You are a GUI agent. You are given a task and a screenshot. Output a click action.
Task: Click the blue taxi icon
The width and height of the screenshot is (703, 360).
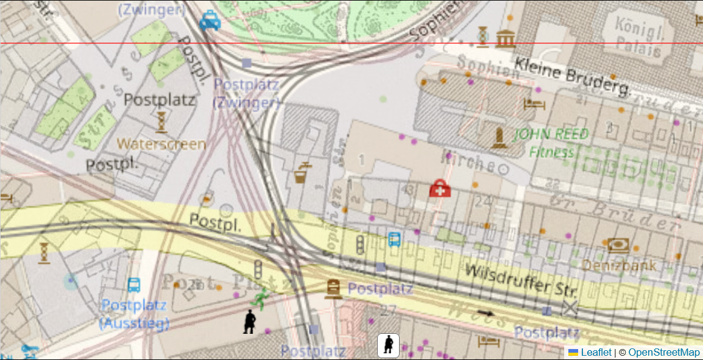[x=210, y=21]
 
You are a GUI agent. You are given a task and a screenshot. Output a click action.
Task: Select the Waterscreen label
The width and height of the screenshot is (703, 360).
[x=161, y=144]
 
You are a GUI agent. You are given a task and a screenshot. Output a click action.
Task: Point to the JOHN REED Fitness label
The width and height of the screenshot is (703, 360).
[x=551, y=143]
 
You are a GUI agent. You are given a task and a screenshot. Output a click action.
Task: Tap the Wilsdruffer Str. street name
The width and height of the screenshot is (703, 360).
[x=520, y=281]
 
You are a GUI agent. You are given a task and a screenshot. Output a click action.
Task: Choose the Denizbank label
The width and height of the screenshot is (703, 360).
[x=619, y=265]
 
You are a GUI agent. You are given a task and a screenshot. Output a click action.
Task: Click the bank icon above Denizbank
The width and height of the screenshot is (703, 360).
[x=618, y=245]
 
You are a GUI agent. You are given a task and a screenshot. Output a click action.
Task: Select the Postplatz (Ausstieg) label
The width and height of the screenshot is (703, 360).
[x=134, y=314]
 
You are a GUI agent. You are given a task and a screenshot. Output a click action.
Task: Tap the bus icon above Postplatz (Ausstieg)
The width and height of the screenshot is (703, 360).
[x=134, y=284]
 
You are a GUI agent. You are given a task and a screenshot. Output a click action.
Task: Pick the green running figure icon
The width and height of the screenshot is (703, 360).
[x=260, y=298]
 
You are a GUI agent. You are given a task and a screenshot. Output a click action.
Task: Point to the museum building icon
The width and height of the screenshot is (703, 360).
[x=505, y=38]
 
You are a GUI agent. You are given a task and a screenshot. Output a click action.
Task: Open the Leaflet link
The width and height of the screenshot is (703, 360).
[x=595, y=353]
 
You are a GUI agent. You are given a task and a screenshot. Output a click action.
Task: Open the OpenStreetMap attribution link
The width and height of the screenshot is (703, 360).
[x=664, y=353]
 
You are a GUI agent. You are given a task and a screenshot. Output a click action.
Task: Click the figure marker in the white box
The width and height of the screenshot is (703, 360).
[x=388, y=345]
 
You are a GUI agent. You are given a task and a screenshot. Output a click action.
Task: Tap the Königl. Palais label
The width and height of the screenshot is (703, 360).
[x=638, y=37]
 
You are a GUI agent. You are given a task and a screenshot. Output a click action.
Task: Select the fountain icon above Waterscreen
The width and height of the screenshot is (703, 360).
[x=161, y=122]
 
